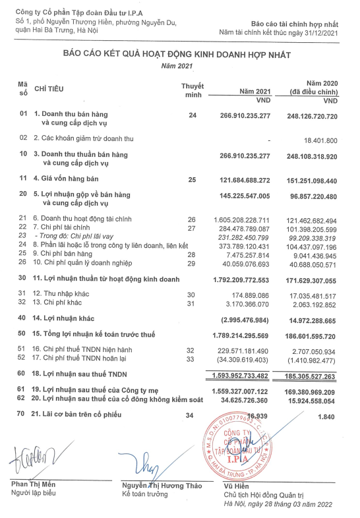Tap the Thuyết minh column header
tap(192, 90)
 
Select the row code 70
tap(23, 413)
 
